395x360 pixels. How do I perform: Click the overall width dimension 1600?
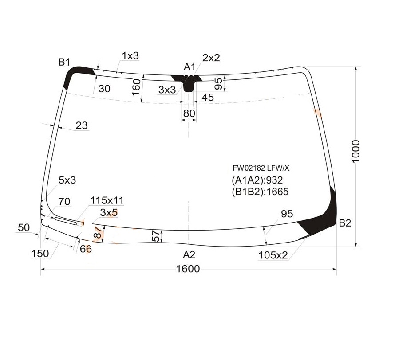pos(188,269)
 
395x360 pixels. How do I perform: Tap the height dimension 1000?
pos(356,152)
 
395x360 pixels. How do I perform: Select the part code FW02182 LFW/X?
pos(261,168)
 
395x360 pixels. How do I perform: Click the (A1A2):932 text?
pos(257,180)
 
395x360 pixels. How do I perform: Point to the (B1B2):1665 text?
pos(260,192)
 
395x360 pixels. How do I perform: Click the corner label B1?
pos(64,62)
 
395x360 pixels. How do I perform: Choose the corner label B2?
pos(345,223)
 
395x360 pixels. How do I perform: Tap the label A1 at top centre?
pos(190,67)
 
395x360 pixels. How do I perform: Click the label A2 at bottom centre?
pos(190,254)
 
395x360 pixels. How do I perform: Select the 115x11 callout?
pos(107,201)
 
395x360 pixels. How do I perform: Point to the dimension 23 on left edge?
pos(82,126)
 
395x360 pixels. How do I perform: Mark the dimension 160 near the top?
pos(136,87)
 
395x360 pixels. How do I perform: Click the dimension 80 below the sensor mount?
pos(189,113)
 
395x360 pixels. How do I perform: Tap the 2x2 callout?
pos(211,58)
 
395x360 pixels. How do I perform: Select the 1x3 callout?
pos(130,56)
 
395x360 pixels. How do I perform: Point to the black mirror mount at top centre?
pos(188,82)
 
